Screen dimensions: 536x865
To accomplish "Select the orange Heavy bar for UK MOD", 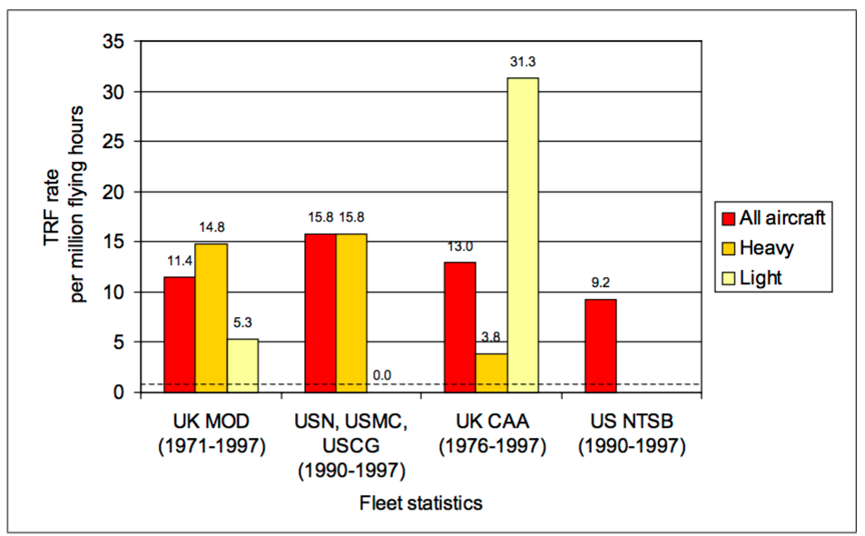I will [211, 318].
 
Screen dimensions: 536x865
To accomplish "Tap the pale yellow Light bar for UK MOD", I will [242, 365].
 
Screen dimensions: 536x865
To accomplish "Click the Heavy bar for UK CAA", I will [491, 372].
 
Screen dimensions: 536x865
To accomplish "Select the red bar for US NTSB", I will [601, 345].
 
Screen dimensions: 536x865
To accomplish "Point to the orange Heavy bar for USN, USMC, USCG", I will [351, 313].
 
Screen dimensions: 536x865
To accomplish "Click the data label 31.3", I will [523, 63].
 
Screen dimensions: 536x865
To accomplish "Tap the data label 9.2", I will [601, 283].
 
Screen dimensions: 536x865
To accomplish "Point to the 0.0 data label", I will [382, 375].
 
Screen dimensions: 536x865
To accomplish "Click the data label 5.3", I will [242, 323].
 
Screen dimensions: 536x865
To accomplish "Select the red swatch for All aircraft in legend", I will [727, 217].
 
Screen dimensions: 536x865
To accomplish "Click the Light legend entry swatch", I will [727, 277].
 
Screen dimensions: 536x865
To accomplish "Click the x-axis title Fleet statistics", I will [420, 502].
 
